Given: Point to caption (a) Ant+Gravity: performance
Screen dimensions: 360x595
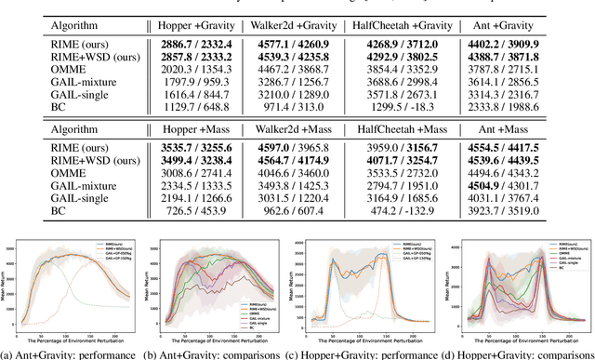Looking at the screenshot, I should pyautogui.click(x=72, y=353).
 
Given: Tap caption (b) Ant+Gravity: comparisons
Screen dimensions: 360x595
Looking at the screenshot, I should pyautogui.click(x=220, y=353).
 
